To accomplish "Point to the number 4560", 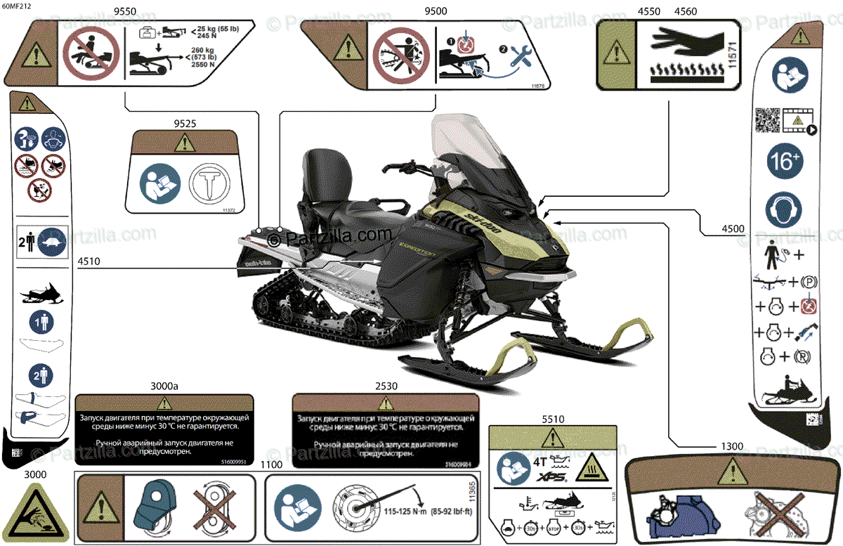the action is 685,12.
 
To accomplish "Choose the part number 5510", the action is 553,420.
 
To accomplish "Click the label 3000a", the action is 164,386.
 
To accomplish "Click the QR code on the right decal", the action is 767,120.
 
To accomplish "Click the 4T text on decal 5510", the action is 540,462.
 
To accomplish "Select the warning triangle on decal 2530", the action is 386,404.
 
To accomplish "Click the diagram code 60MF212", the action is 16,6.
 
